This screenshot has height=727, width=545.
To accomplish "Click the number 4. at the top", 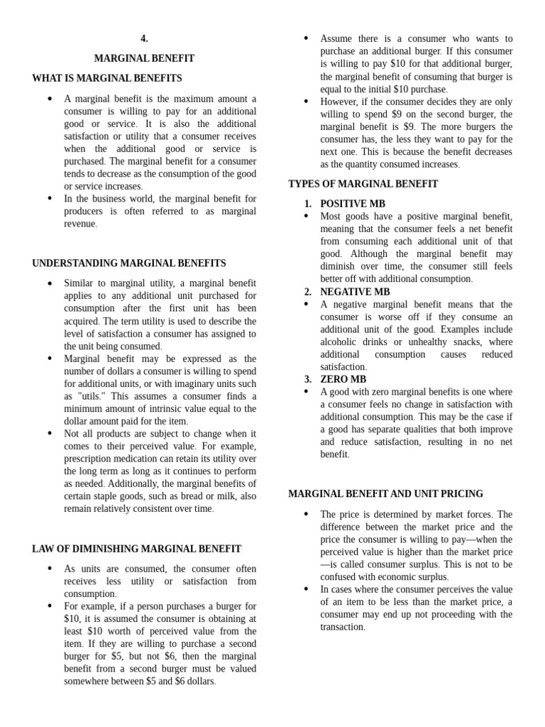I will click(x=144, y=39).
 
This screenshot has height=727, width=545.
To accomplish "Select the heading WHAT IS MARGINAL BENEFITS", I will click(x=107, y=78).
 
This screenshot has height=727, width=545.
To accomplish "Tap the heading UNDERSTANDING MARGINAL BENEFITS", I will click(x=129, y=263).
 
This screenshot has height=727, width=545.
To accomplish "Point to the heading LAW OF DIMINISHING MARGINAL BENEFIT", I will click(x=136, y=549).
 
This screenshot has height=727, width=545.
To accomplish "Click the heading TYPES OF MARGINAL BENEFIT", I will click(x=363, y=184).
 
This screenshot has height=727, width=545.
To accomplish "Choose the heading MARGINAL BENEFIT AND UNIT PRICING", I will click(x=385, y=493).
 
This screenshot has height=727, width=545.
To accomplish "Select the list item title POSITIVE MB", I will click(x=353, y=204).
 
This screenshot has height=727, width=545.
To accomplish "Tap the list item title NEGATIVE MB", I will click(x=355, y=292).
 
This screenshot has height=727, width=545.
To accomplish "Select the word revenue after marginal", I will click(x=79, y=224).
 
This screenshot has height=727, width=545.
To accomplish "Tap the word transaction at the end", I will click(x=342, y=627).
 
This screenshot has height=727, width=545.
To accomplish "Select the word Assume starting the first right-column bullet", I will click(x=337, y=38).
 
